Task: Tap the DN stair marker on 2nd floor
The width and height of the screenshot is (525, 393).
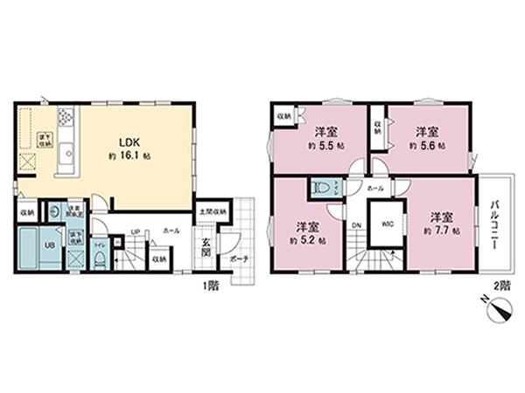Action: click(x=356, y=224)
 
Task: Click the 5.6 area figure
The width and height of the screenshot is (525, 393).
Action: click(x=427, y=144)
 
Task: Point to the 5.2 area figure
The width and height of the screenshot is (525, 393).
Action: click(x=307, y=238)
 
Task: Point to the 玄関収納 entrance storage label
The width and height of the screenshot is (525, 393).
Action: click(x=213, y=210)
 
